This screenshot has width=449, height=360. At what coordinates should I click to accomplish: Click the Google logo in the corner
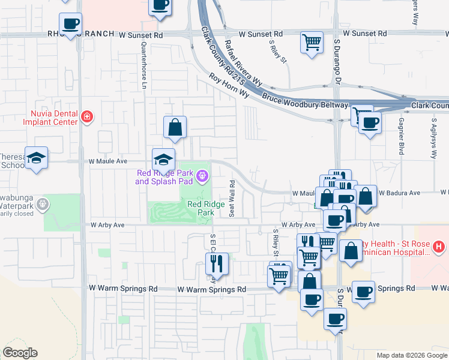pos(20,353)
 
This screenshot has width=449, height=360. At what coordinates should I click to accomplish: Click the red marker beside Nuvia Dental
pos(87,116)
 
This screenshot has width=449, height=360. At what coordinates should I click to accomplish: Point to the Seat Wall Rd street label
pos(232,199)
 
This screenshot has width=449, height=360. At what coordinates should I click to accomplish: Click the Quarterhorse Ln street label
pos(144,65)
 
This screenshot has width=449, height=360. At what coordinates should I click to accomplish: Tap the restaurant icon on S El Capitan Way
pos(217,264)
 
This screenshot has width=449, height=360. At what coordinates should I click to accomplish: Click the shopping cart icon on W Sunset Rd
pos(312,43)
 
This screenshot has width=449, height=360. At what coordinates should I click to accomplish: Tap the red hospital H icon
pos(439,246)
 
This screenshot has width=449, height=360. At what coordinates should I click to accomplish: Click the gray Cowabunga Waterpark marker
pos(42,205)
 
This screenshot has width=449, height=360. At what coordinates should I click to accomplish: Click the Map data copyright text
pos(412,355)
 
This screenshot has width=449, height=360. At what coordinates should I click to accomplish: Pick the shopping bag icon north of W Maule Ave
pos(175,127)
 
